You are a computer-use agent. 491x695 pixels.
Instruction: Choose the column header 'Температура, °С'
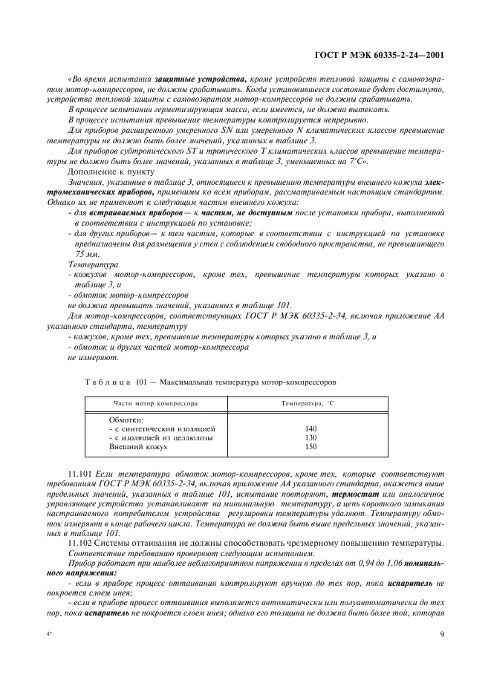pyautogui.click(x=310, y=404)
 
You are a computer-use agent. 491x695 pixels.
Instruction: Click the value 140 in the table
pyautogui.click(x=310, y=429)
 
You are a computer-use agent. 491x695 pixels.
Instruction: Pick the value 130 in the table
pyautogui.click(x=310, y=438)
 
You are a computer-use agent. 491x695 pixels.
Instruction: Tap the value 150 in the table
pyautogui.click(x=310, y=447)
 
